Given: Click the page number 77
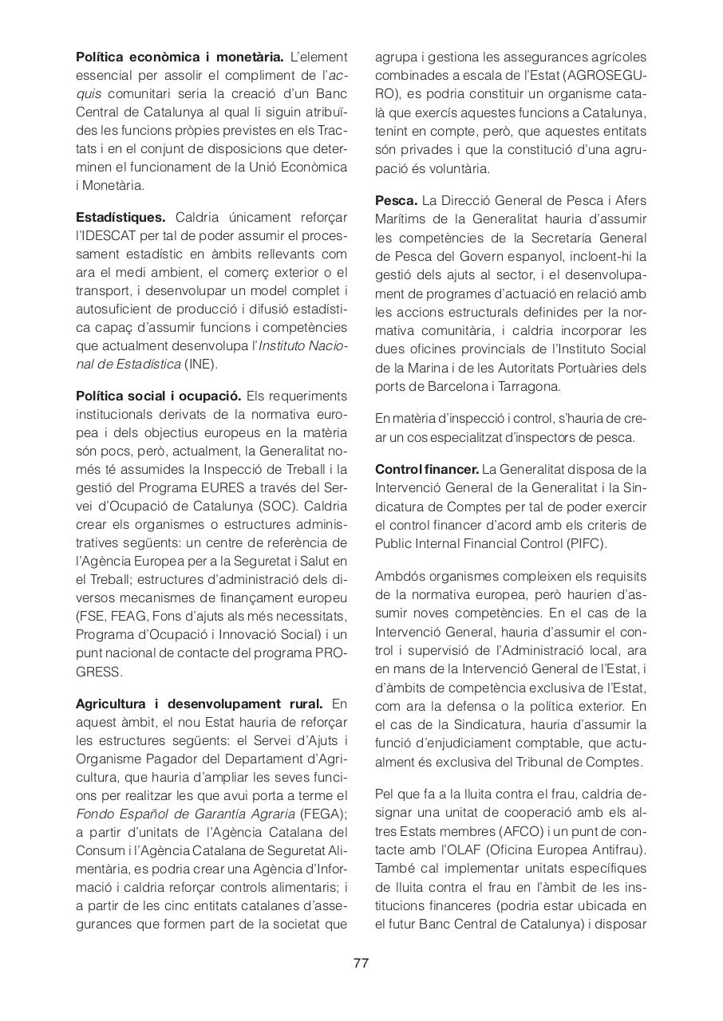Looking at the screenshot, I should tap(361, 963).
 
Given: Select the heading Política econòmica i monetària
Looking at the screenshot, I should tap(180, 57).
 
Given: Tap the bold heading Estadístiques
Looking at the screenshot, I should tap(120, 217).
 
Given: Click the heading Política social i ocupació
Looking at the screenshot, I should tap(158, 396).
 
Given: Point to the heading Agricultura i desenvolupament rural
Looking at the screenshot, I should tap(199, 704).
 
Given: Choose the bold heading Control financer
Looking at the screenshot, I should tap(427, 469).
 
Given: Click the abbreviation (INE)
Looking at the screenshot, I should tap(200, 365).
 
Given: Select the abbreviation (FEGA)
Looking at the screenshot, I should tap(323, 814).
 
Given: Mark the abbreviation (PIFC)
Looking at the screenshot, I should tap(584, 543).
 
